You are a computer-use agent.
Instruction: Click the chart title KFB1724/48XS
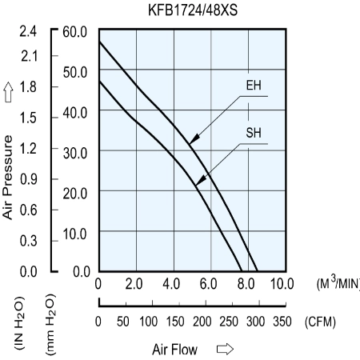[193, 10]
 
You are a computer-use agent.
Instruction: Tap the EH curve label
[254, 86]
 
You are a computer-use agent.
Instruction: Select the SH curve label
[254, 133]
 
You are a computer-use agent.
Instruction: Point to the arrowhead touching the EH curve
[194, 139]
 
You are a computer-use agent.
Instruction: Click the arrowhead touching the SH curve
[201, 180]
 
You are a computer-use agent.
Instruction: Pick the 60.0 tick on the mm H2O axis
[75, 32]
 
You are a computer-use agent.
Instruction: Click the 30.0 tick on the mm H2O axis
[75, 154]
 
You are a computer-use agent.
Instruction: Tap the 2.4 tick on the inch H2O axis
[28, 31]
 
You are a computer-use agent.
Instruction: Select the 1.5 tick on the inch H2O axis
[28, 118]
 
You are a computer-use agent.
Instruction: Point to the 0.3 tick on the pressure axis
[28, 241]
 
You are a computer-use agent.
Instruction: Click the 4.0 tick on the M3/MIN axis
[171, 284]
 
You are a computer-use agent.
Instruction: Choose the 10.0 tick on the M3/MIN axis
[282, 284]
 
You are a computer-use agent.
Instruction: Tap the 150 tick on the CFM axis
[175, 322]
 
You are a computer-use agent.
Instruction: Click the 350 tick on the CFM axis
[282, 322]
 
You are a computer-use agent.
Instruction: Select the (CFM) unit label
[320, 322]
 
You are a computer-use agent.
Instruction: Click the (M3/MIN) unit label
[338, 283]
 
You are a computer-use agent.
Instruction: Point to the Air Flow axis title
[175, 350]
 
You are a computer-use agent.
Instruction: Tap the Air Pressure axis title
[8, 178]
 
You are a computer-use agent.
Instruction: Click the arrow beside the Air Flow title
[225, 349]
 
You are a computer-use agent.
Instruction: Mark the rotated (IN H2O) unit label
[19, 323]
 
